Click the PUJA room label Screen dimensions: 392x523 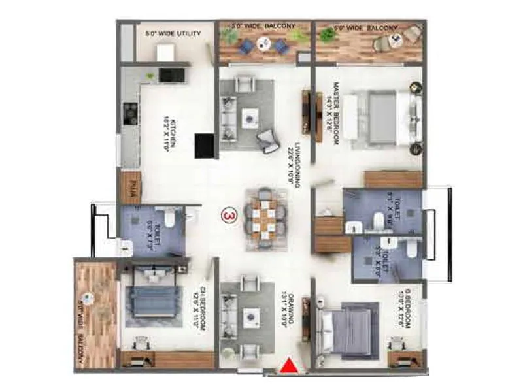[129, 187]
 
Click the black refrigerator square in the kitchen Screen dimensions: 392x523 [205, 145]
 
